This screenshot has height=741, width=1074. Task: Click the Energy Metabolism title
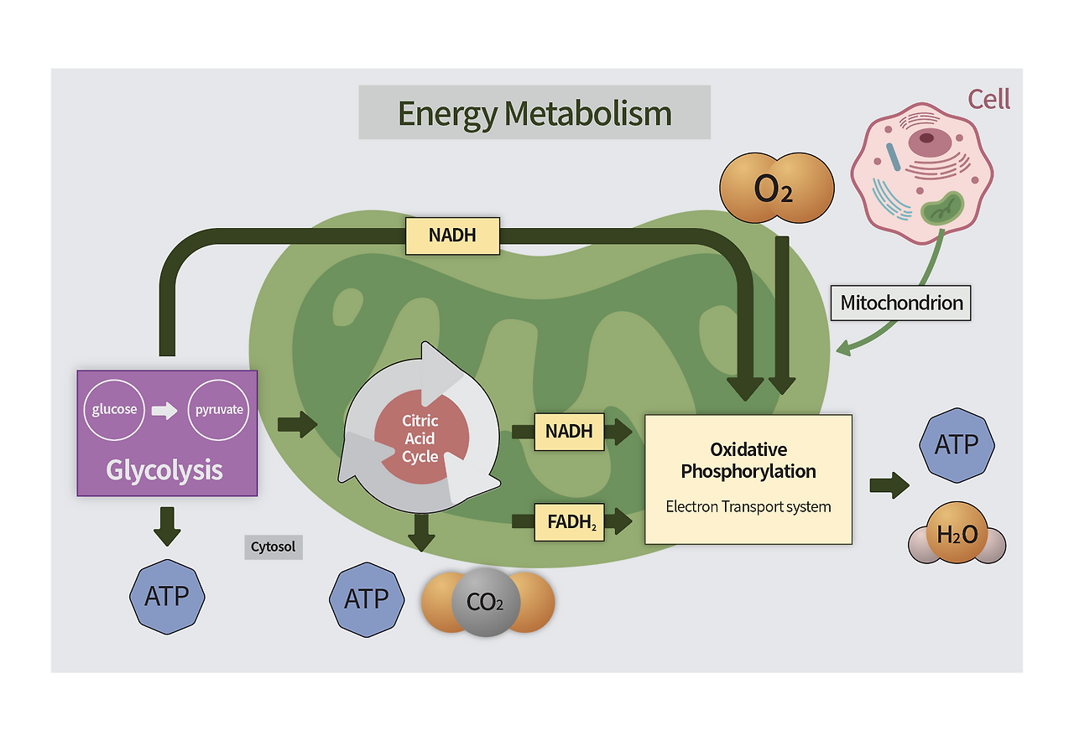(x=534, y=112)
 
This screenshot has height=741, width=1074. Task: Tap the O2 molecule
(x=776, y=189)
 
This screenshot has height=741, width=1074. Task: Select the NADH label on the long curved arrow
(x=452, y=236)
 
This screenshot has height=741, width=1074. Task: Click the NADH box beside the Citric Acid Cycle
(x=569, y=432)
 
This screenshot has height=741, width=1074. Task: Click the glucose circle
(x=114, y=410)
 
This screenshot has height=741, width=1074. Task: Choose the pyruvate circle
(x=219, y=410)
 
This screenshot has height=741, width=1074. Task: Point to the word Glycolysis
(x=164, y=469)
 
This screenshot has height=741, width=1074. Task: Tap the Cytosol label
(x=274, y=547)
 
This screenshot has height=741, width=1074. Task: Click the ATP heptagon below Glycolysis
(x=167, y=596)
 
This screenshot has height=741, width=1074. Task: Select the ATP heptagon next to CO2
(x=367, y=598)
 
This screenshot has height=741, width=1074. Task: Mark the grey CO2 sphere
(x=486, y=602)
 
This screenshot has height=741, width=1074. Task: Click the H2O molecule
(x=957, y=534)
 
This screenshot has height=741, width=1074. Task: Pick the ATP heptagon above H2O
(x=957, y=444)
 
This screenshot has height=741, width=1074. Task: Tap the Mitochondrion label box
(x=901, y=303)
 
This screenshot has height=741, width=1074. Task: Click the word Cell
(x=988, y=99)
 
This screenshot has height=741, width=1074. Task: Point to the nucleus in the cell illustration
(x=926, y=138)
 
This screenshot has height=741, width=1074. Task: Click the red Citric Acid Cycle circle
(x=420, y=438)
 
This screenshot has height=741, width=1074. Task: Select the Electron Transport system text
(x=748, y=506)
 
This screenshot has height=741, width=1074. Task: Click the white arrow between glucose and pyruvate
(x=164, y=410)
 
